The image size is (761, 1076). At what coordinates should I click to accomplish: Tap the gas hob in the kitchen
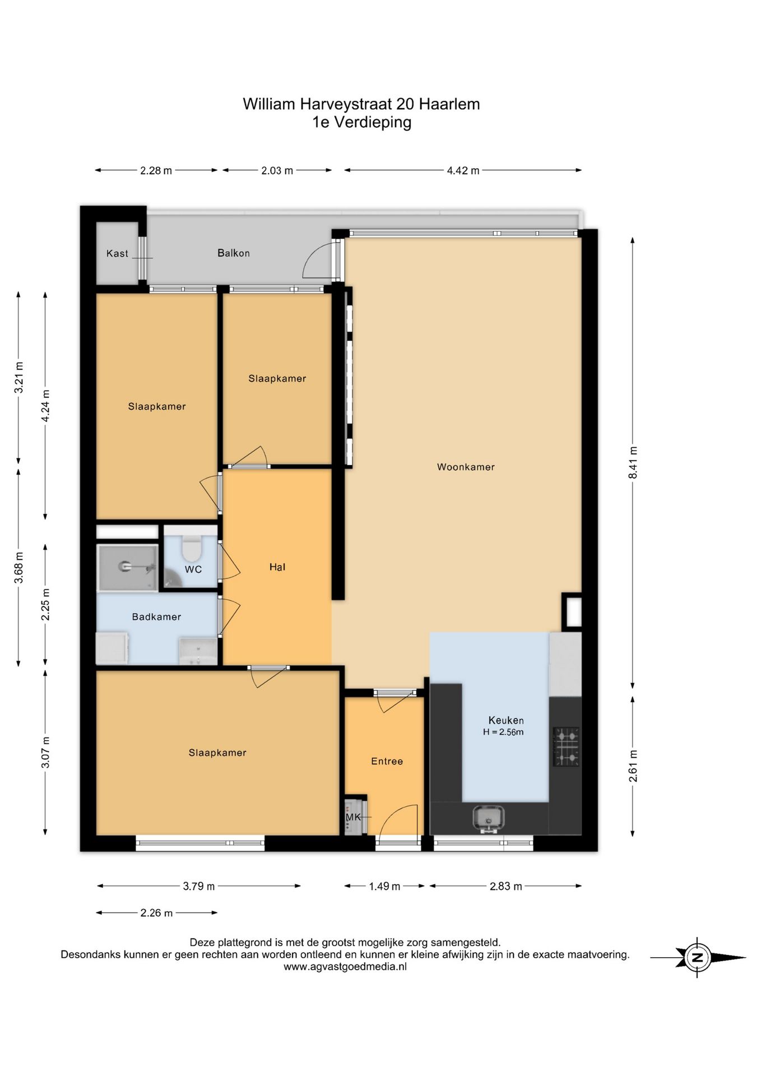[x=566, y=746]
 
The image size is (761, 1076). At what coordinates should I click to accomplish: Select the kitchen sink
[x=488, y=818]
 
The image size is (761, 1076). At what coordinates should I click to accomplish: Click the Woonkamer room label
[x=466, y=467]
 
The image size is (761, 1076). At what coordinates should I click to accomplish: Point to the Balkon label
[x=234, y=253]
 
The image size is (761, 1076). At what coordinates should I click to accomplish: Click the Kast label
[x=117, y=254]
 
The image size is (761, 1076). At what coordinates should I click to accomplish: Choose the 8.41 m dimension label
[x=633, y=462]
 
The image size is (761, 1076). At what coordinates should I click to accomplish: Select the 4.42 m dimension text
[x=463, y=171]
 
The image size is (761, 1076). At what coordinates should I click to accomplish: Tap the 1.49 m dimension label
[x=384, y=886]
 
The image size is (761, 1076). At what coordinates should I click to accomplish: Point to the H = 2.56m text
[x=503, y=732]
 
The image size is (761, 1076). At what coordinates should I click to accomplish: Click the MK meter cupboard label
[x=353, y=817]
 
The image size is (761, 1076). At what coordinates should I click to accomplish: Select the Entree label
[x=387, y=761]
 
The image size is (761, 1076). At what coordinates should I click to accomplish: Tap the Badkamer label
[x=156, y=617]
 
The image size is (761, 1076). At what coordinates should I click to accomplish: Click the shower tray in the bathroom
[x=127, y=568]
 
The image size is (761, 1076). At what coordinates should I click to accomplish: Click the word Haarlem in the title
[x=449, y=104]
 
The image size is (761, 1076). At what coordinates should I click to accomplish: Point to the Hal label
[x=277, y=567]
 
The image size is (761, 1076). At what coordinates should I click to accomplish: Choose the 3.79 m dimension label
[x=199, y=886]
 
